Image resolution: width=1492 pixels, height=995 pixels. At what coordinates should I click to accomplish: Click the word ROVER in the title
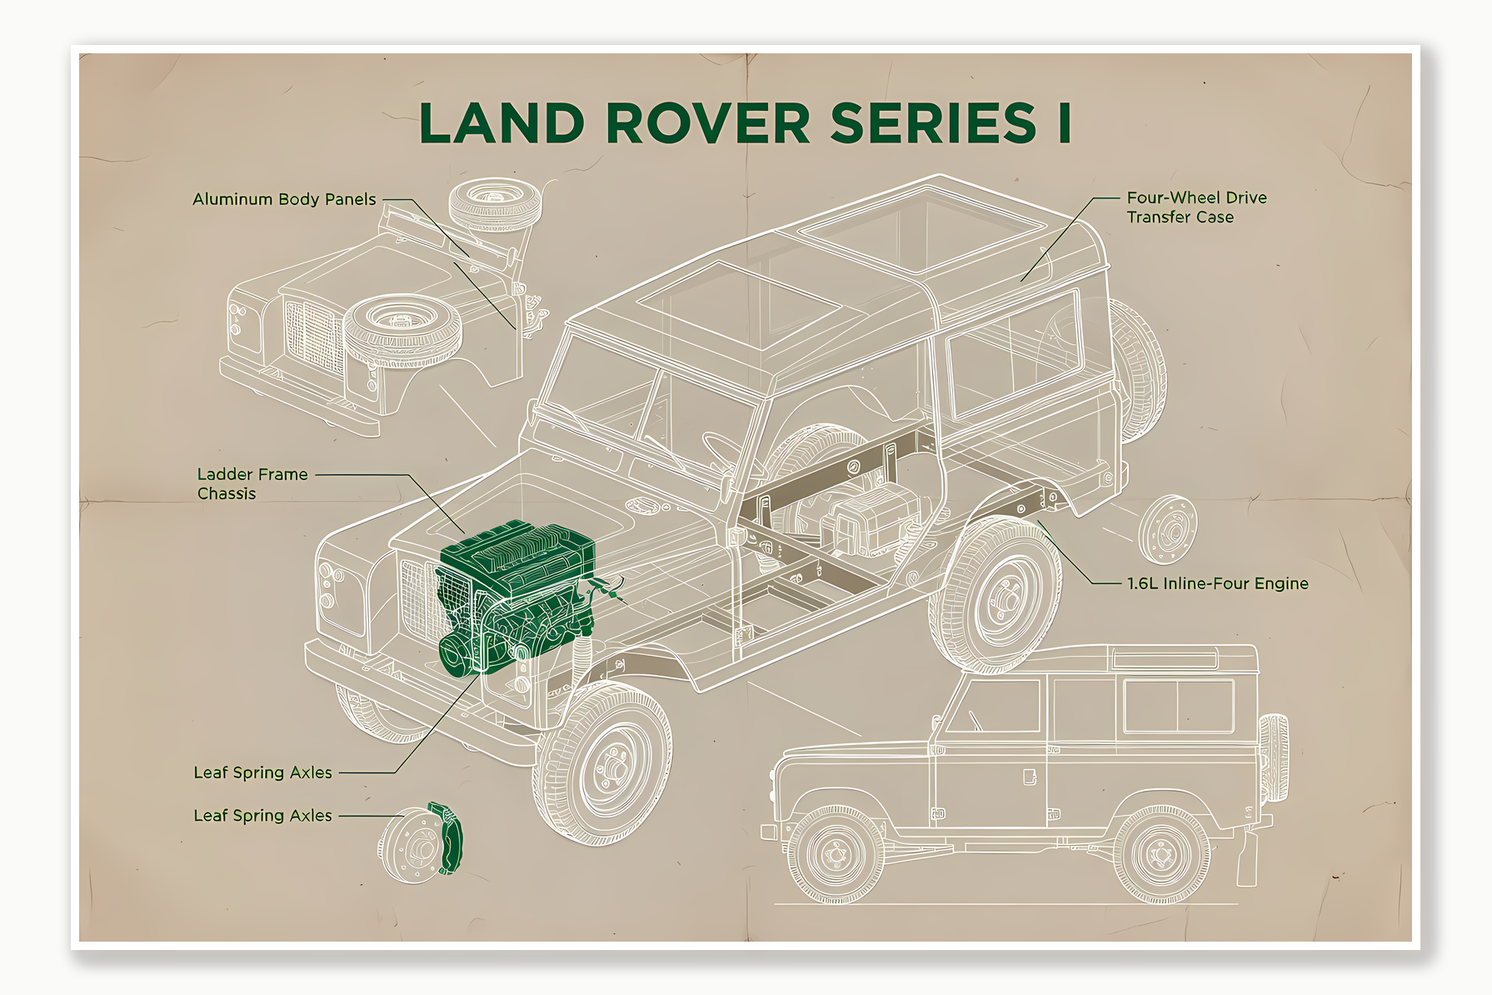707,123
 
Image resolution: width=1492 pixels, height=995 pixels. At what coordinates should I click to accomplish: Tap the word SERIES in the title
933,123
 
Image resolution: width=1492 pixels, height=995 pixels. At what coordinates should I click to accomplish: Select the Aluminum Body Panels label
284,199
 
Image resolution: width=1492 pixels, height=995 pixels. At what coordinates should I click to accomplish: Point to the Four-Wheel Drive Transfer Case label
1196,207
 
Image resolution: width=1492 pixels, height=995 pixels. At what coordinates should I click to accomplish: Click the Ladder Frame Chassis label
252,483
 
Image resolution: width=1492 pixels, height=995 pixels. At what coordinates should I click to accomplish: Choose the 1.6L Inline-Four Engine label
1217,583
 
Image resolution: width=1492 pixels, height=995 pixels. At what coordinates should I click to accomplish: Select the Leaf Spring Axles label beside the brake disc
262,816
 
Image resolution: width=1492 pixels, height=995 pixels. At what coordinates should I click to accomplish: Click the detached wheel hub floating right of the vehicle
1168,529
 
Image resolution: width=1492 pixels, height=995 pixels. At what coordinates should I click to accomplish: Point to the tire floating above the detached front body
495,203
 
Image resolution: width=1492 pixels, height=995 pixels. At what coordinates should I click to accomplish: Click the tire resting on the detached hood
402,329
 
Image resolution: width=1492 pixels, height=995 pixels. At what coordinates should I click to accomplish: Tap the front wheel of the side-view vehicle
836,855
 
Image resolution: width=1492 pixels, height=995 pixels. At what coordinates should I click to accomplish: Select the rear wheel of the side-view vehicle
1160,855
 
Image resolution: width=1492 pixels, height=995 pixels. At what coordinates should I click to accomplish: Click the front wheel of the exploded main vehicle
604,762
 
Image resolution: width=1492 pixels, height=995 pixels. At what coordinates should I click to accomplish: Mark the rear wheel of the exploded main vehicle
995,593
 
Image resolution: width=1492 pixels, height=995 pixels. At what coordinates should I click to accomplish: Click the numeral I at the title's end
1064,123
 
